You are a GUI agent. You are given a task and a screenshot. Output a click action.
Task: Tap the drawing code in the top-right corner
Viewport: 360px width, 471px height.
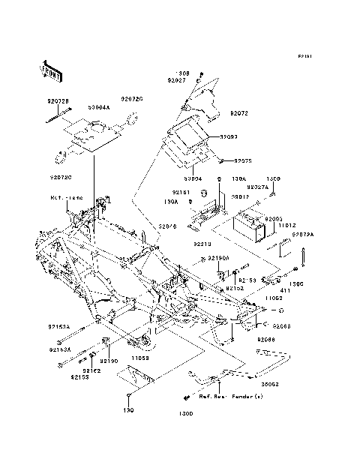click(303, 56)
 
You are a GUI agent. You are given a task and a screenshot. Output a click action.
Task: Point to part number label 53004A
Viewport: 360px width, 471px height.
click(99, 107)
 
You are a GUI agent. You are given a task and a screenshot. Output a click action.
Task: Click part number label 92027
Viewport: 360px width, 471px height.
click(176, 80)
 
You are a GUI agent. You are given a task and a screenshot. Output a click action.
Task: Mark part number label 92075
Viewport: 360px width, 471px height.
click(242, 160)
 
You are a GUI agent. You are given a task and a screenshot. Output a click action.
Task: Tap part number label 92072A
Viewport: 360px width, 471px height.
click(302, 235)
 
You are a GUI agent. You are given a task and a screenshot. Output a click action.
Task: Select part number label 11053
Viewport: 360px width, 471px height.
click(141, 359)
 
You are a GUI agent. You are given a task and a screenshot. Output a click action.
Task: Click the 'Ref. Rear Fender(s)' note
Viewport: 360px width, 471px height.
click(232, 395)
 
